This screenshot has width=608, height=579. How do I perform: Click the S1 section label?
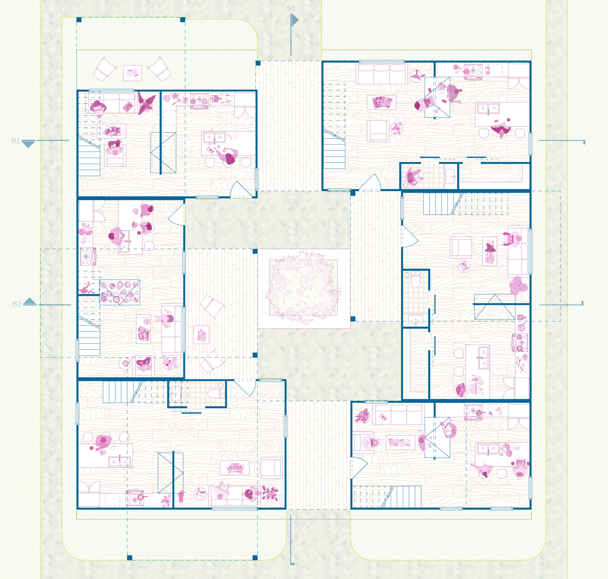click(291, 9)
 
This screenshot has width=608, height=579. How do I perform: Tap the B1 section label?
click(15, 141)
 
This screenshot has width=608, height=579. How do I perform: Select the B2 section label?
click(17, 304)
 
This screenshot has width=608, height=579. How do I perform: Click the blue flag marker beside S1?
click(295, 20)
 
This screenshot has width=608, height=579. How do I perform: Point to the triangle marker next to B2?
click(30, 301)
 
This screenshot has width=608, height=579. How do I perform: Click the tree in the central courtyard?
click(303, 288)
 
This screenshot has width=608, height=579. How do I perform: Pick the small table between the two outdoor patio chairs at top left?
click(132, 73)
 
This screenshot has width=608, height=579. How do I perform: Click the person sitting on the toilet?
click(413, 177)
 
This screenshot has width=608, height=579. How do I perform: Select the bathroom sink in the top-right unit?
click(451, 177)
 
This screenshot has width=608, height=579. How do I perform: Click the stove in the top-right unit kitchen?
click(473, 72)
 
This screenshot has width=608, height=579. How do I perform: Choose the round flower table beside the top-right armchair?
click(397, 128)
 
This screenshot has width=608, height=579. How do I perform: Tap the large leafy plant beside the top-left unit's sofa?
click(147, 103)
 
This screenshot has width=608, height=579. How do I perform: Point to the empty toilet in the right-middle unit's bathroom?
click(416, 279)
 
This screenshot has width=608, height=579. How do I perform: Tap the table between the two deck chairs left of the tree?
click(201, 335)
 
